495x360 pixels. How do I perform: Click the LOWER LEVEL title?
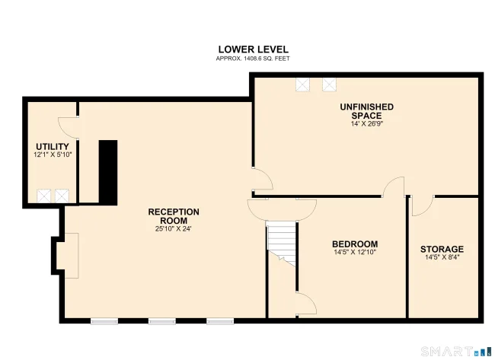tap(253, 49)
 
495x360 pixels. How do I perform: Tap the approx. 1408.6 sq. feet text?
tap(253, 59)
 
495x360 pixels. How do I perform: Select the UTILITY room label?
tap(53, 147)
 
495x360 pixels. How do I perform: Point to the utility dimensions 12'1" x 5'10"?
tap(53, 155)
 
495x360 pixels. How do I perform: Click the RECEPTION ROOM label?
tap(174, 216)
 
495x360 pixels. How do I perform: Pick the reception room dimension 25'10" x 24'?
tap(174, 229)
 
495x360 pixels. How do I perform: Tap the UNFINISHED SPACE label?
tap(367, 111)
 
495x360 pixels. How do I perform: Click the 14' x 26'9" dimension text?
tap(367, 124)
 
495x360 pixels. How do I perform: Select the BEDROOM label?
tap(355, 244)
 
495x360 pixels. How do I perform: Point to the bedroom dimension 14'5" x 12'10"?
tap(355, 252)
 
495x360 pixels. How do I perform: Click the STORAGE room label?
tap(442, 249)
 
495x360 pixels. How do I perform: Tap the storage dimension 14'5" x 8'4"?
tap(442, 257)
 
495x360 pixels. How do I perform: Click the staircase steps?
tap(281, 241)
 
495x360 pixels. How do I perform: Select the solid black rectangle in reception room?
tap(108, 173)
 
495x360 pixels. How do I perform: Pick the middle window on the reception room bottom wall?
tap(162, 321)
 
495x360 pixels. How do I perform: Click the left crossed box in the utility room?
tap(43, 196)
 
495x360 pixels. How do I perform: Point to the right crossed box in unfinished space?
tap(329, 84)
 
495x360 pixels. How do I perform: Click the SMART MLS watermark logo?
tap(456, 351)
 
